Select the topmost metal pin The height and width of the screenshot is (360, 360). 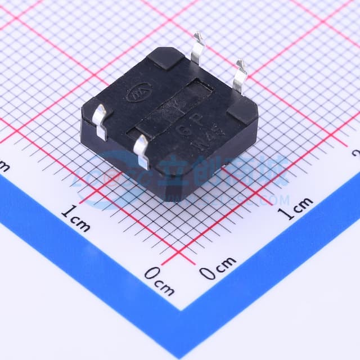pyautogui.click(x=197, y=48)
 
